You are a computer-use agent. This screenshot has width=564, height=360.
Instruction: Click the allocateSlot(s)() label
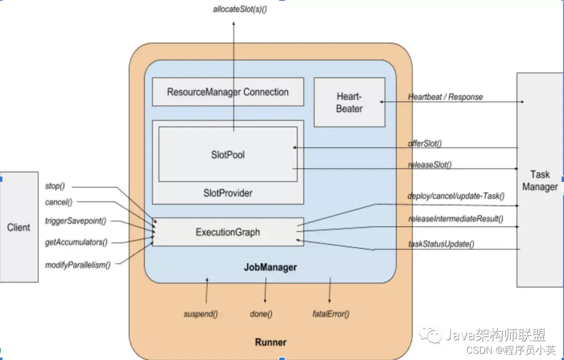click(240, 9)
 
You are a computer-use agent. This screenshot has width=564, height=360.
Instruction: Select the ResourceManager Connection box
click(228, 92)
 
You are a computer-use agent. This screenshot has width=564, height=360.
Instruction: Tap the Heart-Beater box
click(349, 102)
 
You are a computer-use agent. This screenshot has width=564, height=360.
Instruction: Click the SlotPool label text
click(228, 155)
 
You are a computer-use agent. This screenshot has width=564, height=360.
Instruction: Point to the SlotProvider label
click(228, 193)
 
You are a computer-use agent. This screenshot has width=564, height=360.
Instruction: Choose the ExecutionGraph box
click(228, 232)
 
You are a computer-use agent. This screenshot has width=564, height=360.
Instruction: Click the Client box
click(19, 227)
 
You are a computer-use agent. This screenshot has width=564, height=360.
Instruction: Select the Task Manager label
click(540, 180)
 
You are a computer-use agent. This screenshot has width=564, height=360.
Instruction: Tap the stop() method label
click(55, 186)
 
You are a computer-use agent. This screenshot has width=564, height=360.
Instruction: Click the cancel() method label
click(58, 202)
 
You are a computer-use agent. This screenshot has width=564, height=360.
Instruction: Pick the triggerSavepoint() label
click(76, 220)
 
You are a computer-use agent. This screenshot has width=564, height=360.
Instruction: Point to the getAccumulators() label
click(76, 242)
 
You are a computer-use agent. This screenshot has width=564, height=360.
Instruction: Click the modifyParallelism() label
click(78, 265)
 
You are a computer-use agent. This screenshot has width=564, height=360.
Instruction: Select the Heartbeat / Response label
click(445, 97)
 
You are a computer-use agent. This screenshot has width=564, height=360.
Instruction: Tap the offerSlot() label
click(425, 143)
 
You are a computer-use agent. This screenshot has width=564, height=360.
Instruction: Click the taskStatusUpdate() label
click(441, 243)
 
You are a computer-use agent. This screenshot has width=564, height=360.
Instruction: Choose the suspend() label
click(201, 314)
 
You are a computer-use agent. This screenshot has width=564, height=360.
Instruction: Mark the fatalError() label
click(331, 314)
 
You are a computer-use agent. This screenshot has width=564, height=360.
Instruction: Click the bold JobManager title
click(271, 267)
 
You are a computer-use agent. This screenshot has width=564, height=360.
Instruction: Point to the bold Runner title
click(271, 342)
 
